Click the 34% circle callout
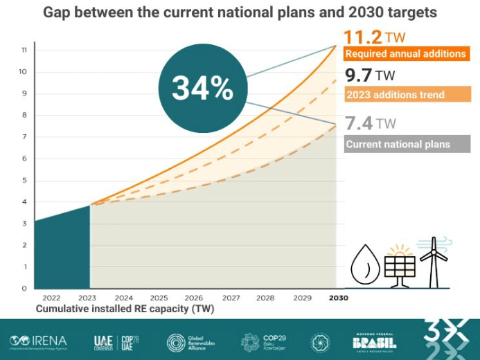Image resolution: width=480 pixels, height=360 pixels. point(202,88)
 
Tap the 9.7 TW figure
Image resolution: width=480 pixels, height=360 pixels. point(369,75)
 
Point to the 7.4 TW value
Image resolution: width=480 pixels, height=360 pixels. point(370,124)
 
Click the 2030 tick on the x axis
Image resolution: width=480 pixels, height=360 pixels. point(338,298)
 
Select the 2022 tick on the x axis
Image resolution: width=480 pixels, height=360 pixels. point(51,298)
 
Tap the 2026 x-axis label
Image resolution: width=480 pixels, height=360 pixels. point(194,298)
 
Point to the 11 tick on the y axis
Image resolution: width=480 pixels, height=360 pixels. point(24,50)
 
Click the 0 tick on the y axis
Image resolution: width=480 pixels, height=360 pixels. point(24,288)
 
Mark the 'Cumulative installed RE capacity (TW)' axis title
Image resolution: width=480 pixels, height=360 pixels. point(125,309)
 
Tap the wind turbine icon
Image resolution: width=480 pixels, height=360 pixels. point(434,262)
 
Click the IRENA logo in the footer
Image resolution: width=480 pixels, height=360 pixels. point(39,341)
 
